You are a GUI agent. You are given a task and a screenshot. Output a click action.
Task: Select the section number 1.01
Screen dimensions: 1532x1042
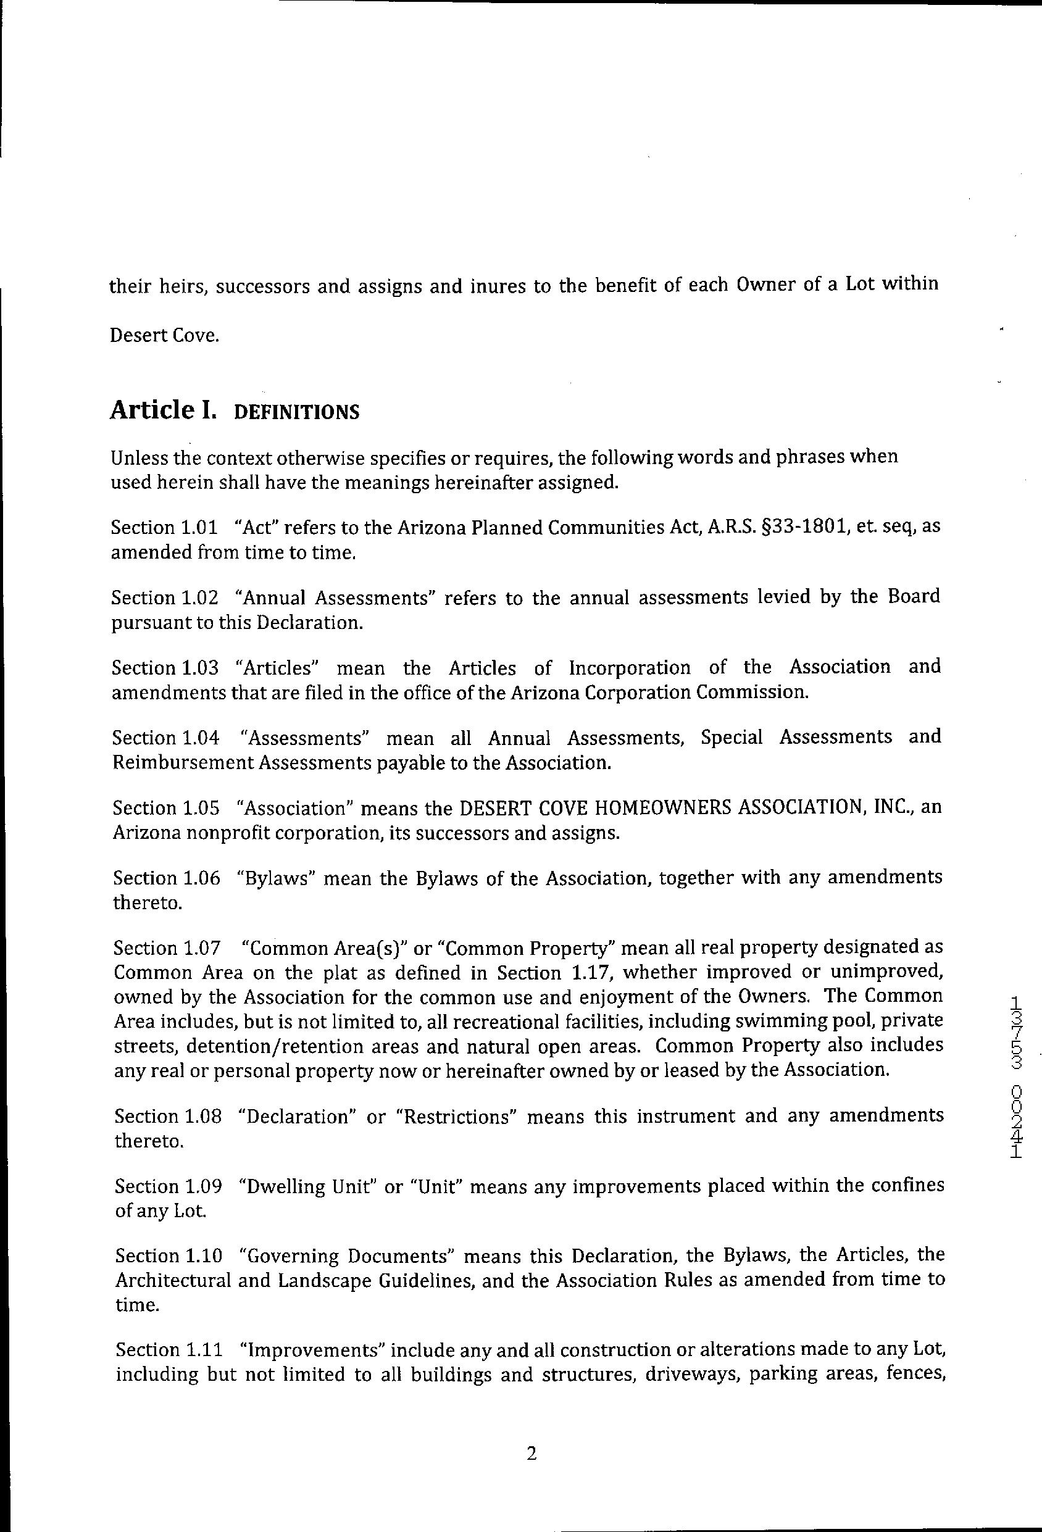click(x=198, y=528)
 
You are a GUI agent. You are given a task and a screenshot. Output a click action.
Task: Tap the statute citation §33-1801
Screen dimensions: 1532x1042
click(x=859, y=528)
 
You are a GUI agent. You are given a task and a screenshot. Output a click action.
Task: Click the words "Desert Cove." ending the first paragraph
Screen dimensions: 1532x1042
click(x=164, y=336)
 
